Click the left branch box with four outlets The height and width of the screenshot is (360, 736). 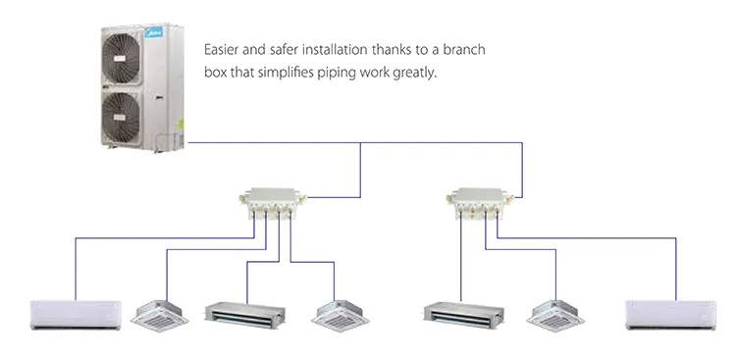point(268,203)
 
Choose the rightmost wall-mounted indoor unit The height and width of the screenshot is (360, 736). point(665,314)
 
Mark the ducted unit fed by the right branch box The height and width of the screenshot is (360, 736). point(461,314)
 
